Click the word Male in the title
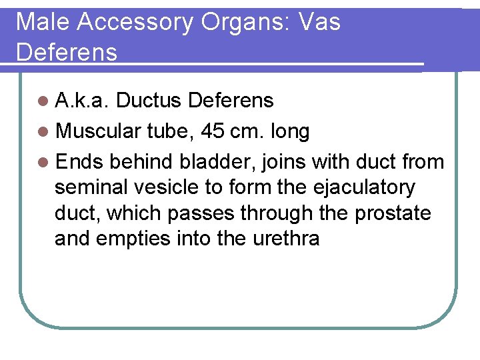click(x=43, y=22)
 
